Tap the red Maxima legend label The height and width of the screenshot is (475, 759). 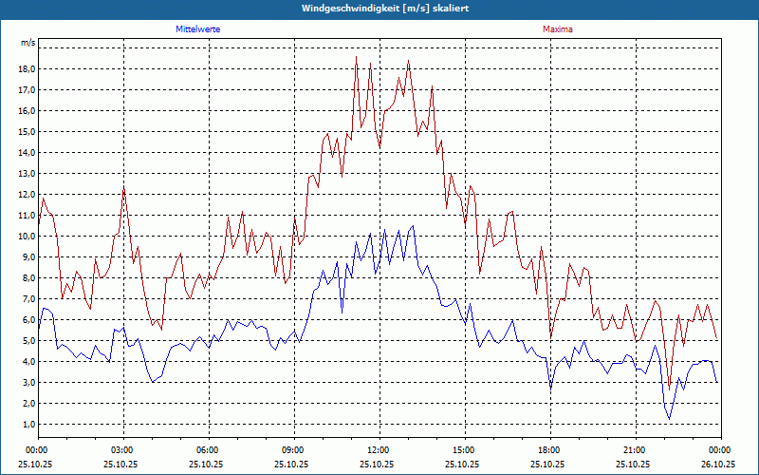[x=558, y=29]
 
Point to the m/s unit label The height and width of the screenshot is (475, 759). [x=28, y=43]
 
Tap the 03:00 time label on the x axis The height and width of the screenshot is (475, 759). [x=122, y=450]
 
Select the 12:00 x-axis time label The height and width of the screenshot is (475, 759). [x=379, y=450]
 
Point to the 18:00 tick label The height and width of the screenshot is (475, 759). [x=549, y=450]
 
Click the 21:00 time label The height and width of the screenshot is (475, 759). [x=635, y=450]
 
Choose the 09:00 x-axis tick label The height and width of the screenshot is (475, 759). [x=293, y=450]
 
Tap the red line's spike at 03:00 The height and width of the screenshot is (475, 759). [x=123, y=189]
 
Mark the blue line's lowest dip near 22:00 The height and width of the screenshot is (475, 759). [x=669, y=419]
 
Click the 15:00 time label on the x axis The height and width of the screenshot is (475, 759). [x=464, y=450]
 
